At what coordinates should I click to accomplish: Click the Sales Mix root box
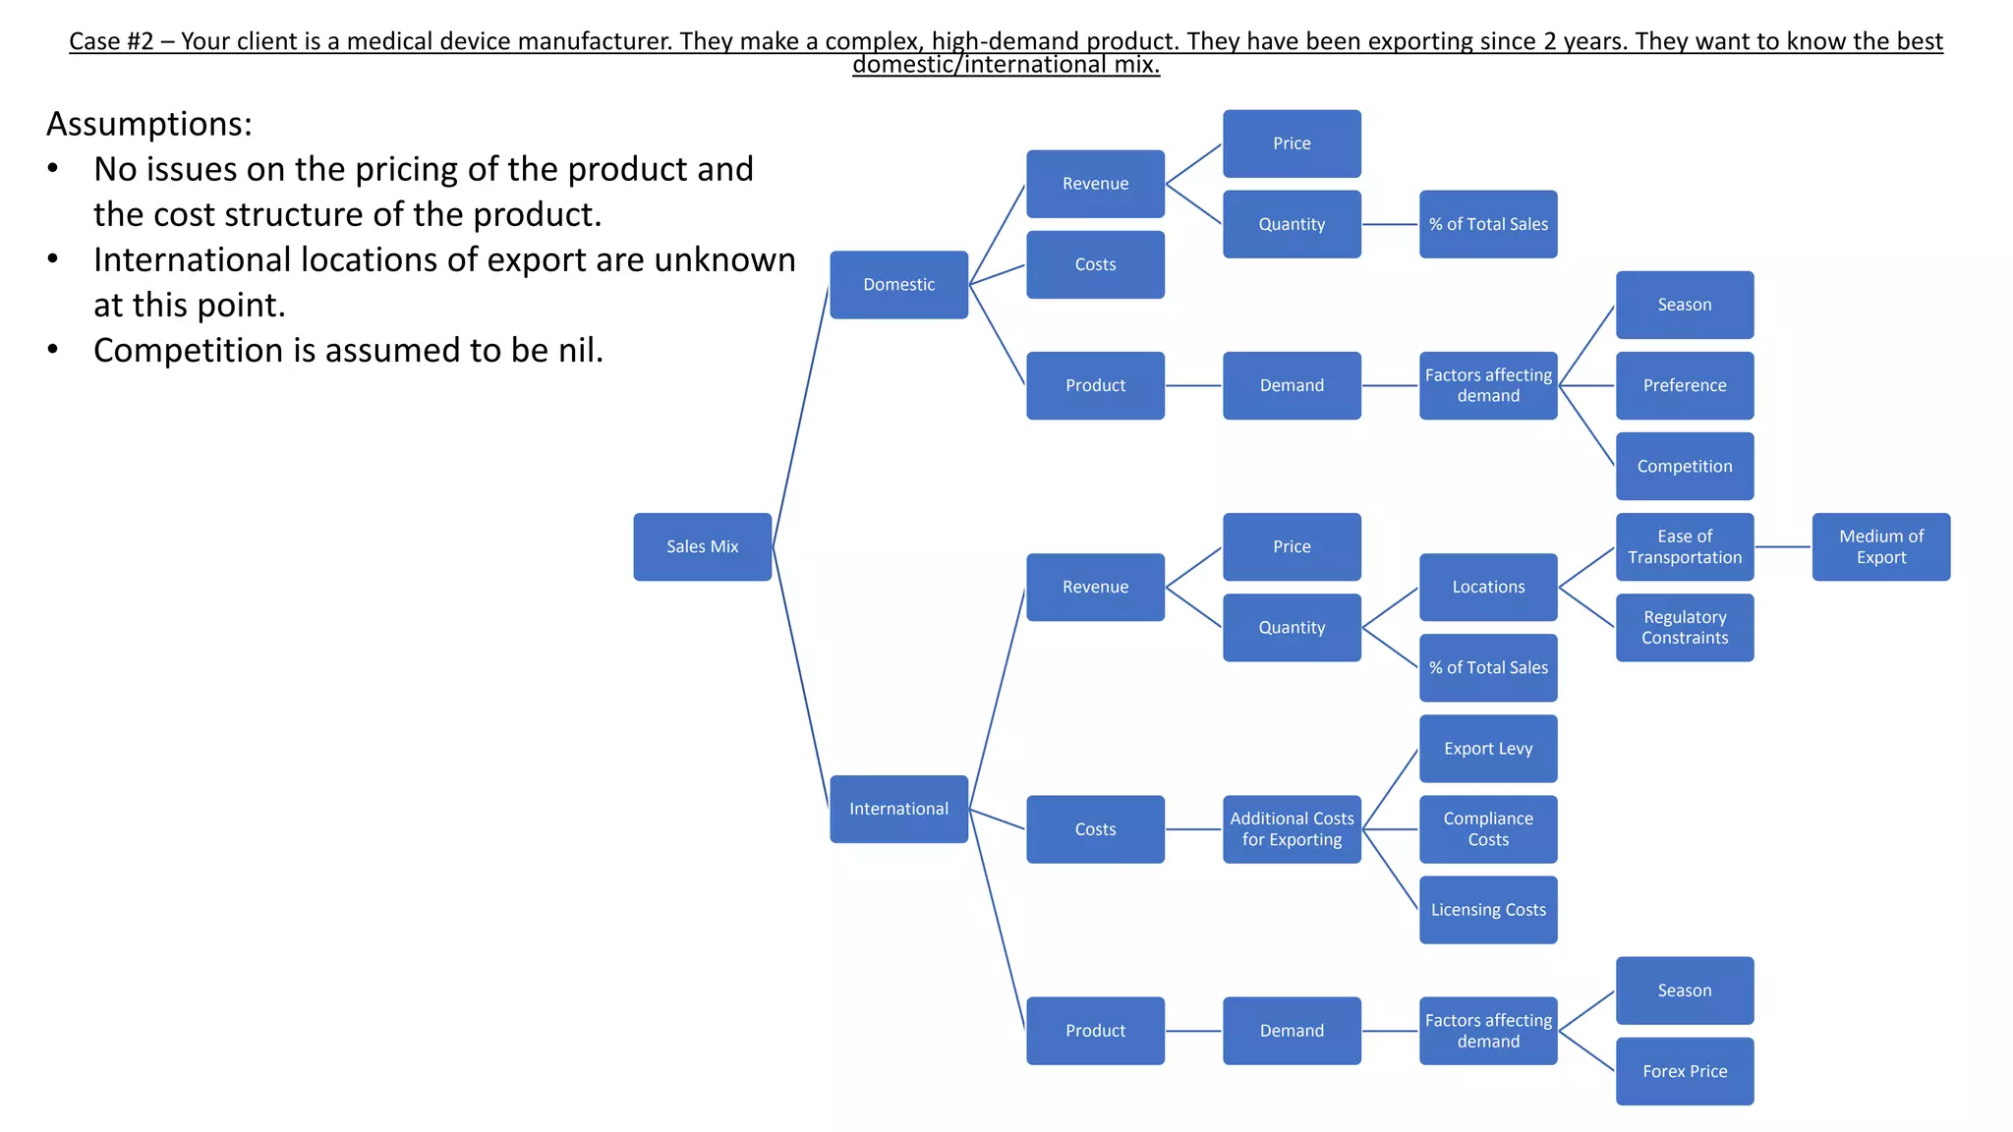click(702, 546)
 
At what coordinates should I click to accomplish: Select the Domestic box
click(898, 285)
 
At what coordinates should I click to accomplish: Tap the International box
click(898, 809)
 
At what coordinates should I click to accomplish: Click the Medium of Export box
click(1880, 546)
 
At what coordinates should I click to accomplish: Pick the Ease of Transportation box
click(1684, 546)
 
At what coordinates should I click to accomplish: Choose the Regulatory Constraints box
click(1684, 627)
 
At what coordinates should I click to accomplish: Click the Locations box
click(1488, 587)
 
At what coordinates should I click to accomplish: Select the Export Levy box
click(1488, 749)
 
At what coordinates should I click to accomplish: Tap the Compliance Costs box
click(1488, 829)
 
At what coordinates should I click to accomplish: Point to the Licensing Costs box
click(1488, 910)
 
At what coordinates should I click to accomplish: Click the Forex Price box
click(1684, 1071)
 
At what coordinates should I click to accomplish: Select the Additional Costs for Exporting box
click(1292, 829)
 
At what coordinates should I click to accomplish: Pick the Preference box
click(1684, 385)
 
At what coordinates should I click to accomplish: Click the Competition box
click(1684, 466)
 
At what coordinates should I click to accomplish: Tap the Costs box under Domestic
click(1095, 264)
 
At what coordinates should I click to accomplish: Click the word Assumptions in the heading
click(148, 125)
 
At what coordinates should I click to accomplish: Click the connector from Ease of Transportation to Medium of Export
click(1783, 546)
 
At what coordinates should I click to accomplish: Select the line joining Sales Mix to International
click(801, 678)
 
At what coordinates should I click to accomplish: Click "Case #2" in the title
click(111, 42)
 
